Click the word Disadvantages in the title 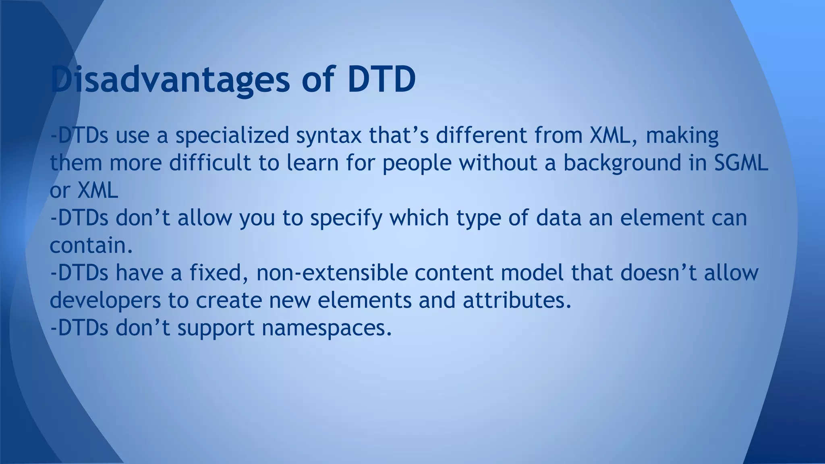coord(170,79)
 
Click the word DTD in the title coord(381,79)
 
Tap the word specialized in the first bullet coord(232,136)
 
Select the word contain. coord(91,245)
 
